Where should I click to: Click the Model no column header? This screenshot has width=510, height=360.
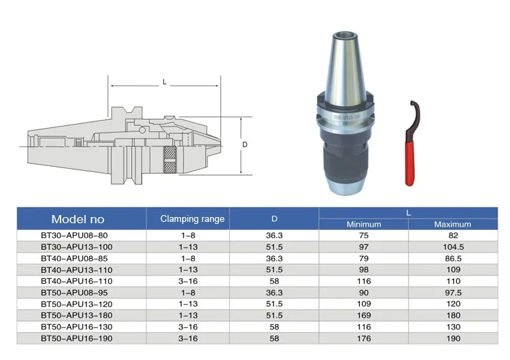pyautogui.click(x=78, y=219)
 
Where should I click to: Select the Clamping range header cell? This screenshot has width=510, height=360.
pyautogui.click(x=192, y=218)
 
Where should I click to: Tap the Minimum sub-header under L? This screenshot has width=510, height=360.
pyautogui.click(x=364, y=225)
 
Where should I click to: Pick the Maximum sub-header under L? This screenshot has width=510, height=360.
pyautogui.click(x=452, y=225)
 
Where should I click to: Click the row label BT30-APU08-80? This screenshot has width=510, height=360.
pyautogui.click(x=74, y=235)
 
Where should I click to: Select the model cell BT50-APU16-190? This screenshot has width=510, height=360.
pyautogui.click(x=77, y=338)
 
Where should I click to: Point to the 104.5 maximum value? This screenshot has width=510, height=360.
pyautogui.click(x=453, y=247)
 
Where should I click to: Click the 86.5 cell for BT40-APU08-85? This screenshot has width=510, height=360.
pyautogui.click(x=453, y=259)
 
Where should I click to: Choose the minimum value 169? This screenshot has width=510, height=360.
pyautogui.click(x=364, y=315)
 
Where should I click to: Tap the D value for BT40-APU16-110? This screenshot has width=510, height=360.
pyautogui.click(x=274, y=281)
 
